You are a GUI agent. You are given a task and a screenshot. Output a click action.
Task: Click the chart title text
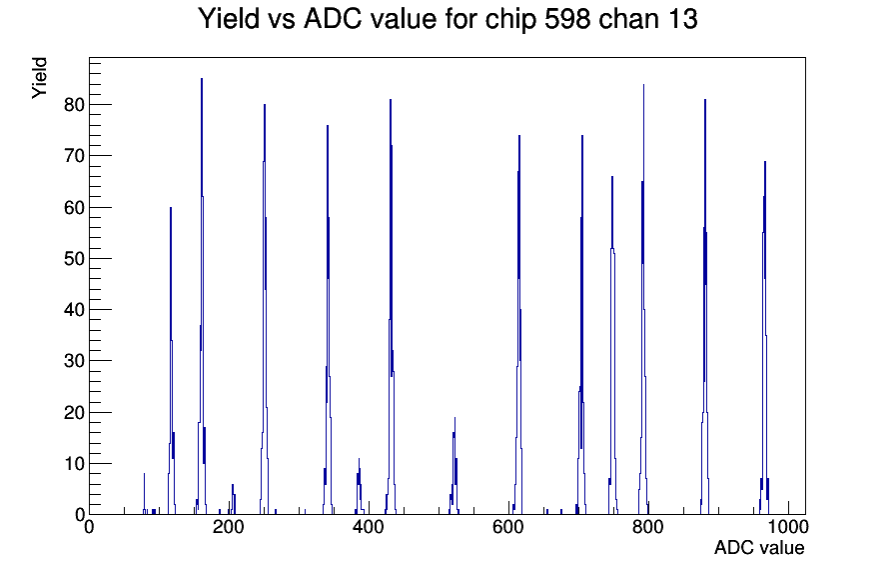(447, 19)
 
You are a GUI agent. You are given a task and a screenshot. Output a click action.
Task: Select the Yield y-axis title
(39, 78)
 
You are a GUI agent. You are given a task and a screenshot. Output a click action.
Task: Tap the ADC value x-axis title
(759, 547)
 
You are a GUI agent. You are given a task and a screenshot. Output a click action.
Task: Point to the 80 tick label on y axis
(74, 105)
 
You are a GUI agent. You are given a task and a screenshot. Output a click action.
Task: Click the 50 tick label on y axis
(74, 258)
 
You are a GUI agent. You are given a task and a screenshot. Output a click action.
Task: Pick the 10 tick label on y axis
(74, 463)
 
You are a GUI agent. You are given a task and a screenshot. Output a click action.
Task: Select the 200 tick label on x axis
(229, 526)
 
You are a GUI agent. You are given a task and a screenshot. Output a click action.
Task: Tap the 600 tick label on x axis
(508, 526)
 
